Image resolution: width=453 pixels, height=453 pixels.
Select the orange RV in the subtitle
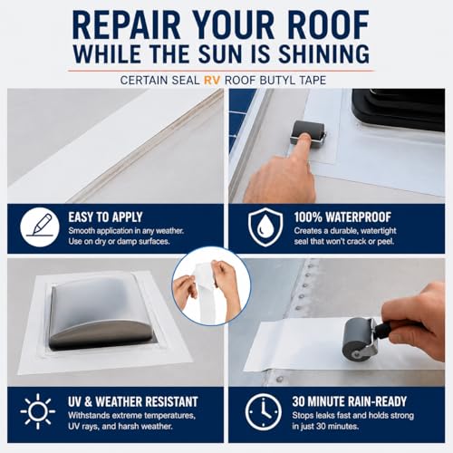point(212,81)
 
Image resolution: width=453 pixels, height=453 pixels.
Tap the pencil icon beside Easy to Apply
point(40,226)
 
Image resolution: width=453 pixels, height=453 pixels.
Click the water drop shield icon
point(265,226)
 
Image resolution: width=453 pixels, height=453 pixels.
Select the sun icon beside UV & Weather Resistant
point(38,411)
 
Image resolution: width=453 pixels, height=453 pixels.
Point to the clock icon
point(263,411)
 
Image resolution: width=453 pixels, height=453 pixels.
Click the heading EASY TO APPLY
point(105,217)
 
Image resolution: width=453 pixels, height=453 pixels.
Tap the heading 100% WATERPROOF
point(342,217)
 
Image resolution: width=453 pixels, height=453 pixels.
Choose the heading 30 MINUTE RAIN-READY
point(350,401)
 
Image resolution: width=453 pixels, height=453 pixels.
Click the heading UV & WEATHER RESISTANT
point(133,401)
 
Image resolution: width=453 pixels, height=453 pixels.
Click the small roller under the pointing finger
point(307,131)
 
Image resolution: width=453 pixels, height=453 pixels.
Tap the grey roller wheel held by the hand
point(357,338)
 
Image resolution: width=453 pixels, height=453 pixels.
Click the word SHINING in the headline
point(323,53)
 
